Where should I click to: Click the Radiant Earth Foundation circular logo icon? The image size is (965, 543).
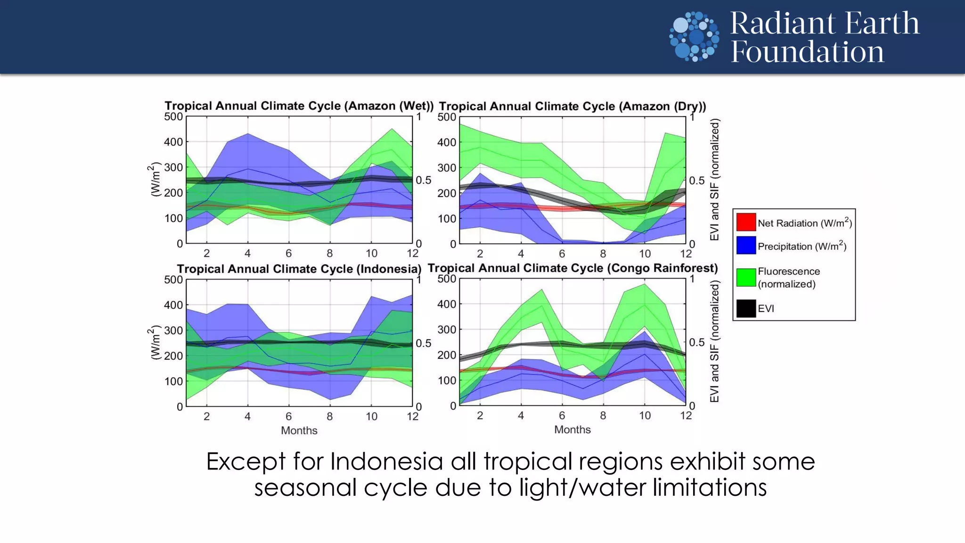(694, 37)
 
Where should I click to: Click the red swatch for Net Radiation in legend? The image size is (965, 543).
(746, 222)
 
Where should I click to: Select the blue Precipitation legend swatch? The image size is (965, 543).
(746, 246)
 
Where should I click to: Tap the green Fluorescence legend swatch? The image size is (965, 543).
(746, 277)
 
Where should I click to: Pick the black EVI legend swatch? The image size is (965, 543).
(746, 308)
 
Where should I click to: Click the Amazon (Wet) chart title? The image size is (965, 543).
(299, 106)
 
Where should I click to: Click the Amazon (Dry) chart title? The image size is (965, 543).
(572, 106)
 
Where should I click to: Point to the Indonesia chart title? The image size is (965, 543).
(299, 269)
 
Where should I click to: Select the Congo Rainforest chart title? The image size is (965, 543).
(572, 268)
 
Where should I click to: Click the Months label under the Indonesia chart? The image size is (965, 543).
(299, 430)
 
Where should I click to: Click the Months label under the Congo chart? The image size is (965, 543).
(572, 429)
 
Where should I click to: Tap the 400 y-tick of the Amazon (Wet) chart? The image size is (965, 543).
(173, 142)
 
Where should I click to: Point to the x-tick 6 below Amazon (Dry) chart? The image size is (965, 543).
(562, 254)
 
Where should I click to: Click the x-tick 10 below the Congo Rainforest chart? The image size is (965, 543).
(645, 416)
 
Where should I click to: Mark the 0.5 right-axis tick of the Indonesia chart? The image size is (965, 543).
(423, 343)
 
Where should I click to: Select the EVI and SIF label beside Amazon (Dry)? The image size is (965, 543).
(714, 179)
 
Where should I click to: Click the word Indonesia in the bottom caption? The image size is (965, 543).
(386, 461)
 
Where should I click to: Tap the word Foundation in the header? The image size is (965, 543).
(807, 51)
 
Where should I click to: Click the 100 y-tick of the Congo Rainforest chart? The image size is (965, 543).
(446, 380)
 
